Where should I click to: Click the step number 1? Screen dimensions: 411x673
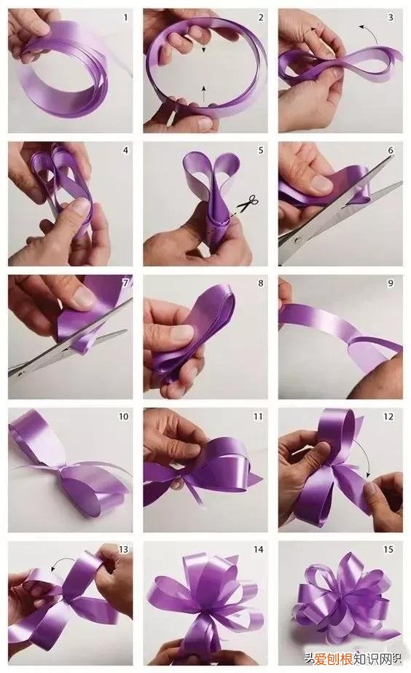[x=125, y=17]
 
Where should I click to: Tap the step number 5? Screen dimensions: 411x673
[x=261, y=151]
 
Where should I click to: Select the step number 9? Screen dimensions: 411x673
[x=391, y=283]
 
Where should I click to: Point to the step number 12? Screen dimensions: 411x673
[x=388, y=417]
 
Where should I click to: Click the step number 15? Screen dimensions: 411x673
[x=388, y=549]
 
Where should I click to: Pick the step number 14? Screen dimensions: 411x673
[x=258, y=549]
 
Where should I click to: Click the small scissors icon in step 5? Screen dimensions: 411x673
[x=248, y=202]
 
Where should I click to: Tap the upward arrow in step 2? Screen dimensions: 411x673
[x=203, y=94]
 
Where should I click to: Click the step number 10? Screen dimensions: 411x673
[x=123, y=417]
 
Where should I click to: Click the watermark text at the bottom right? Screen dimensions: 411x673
[x=353, y=658]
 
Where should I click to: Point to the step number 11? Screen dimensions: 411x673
[x=258, y=417]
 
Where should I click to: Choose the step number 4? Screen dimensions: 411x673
[x=125, y=151]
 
